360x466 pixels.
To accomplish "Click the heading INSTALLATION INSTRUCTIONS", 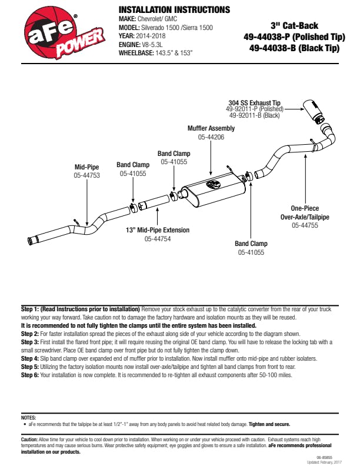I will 174,10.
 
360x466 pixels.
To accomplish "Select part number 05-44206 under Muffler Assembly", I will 211,137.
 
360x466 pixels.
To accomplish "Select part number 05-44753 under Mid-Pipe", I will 86,175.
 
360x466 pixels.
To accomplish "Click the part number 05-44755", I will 305,225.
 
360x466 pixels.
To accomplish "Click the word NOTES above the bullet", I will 28,417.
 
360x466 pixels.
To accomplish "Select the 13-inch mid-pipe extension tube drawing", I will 156,203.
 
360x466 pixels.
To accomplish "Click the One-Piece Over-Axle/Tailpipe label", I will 305,212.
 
